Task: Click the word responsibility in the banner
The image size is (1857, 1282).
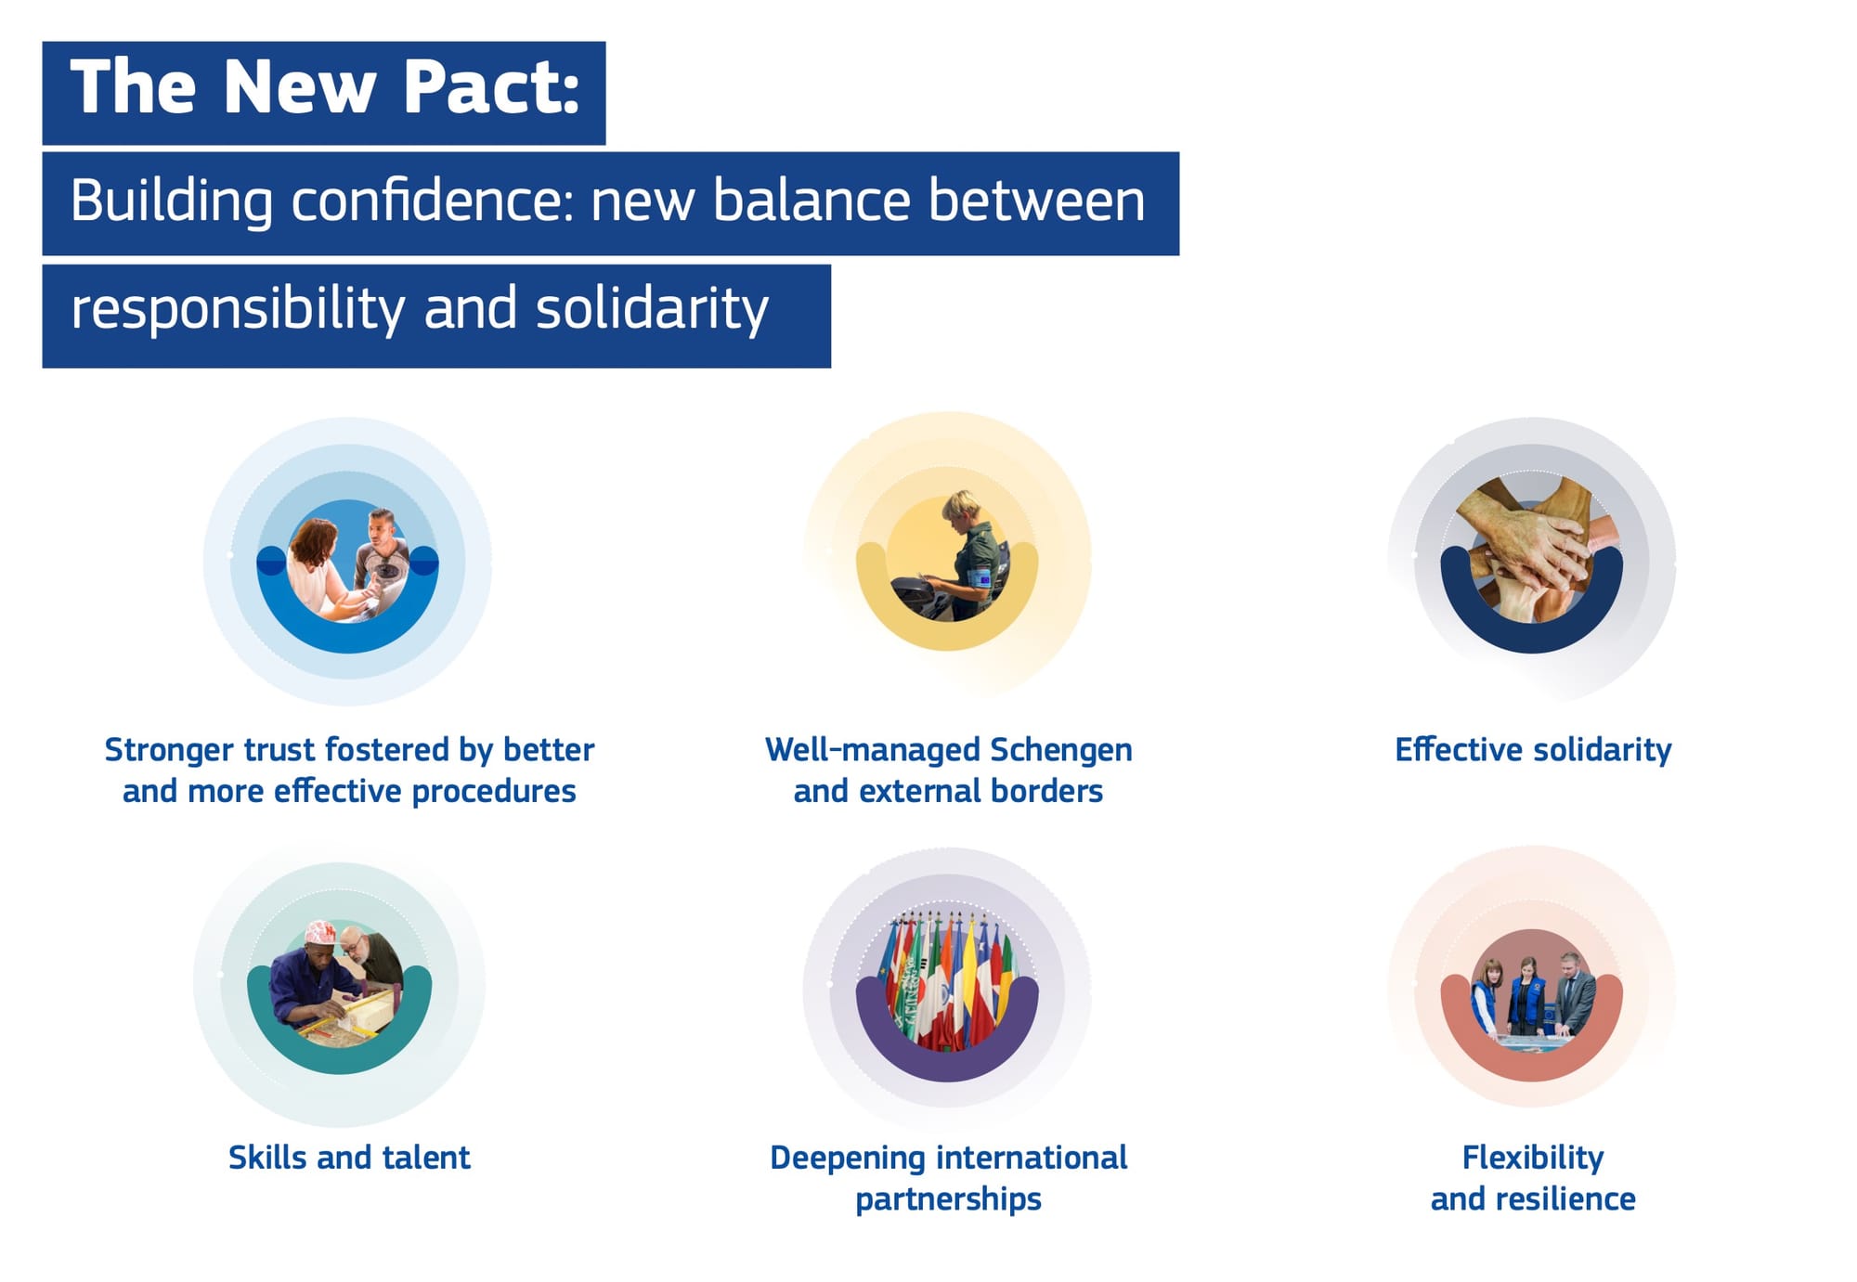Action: (x=238, y=308)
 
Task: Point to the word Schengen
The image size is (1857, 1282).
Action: (x=1061, y=750)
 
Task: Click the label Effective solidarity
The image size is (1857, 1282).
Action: (x=1533, y=749)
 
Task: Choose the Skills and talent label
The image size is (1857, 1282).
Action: (x=349, y=1158)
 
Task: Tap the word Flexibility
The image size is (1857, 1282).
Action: (x=1533, y=1158)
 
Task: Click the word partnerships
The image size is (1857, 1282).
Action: (x=948, y=1199)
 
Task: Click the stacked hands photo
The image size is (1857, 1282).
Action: (x=1532, y=548)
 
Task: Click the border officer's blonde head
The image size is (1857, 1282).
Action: (x=959, y=507)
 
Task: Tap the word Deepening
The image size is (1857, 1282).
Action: (x=848, y=1159)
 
